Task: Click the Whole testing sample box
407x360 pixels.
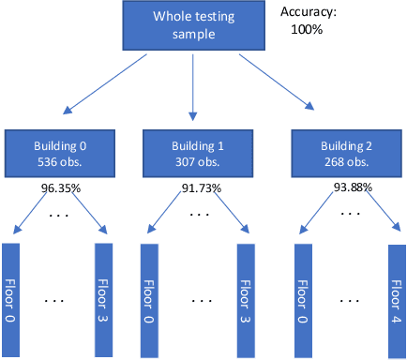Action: click(x=193, y=25)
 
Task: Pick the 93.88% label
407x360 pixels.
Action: click(x=353, y=187)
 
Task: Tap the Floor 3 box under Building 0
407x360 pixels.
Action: click(x=103, y=300)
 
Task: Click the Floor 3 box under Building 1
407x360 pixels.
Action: click(x=243, y=300)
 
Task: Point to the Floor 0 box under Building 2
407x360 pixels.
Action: click(x=303, y=300)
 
